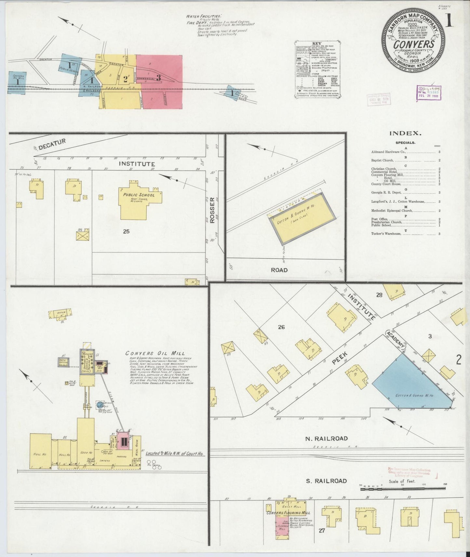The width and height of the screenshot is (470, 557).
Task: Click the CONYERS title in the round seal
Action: (413, 44)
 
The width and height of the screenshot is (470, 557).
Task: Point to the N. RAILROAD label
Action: (326, 438)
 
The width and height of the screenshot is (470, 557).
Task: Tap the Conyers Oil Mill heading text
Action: (155, 353)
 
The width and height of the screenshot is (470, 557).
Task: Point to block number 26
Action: (281, 327)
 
